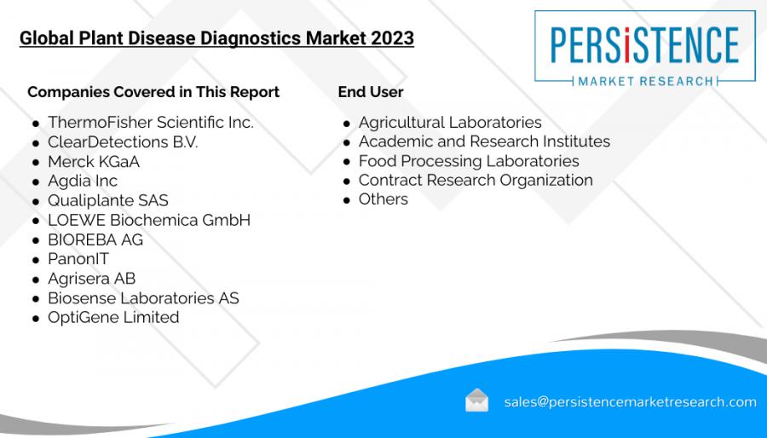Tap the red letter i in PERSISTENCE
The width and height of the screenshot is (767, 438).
click(x=627, y=45)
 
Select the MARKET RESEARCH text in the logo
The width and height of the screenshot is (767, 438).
click(x=646, y=81)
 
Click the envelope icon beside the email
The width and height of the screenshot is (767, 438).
click(x=476, y=401)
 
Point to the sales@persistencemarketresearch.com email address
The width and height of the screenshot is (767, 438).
click(x=631, y=402)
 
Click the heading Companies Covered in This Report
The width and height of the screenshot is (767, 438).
click(x=153, y=92)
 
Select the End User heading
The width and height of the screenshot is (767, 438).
click(x=371, y=91)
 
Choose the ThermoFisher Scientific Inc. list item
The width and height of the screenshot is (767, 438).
click(x=151, y=122)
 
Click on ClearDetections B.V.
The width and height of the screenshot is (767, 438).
click(x=123, y=141)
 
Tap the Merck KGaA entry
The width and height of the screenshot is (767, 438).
click(x=94, y=161)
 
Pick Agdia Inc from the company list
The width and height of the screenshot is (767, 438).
click(x=83, y=181)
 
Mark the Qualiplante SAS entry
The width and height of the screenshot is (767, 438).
click(x=108, y=200)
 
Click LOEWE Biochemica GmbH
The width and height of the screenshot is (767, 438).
click(x=149, y=220)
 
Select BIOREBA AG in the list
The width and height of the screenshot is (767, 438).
click(x=95, y=239)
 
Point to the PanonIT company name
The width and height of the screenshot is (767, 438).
click(x=78, y=258)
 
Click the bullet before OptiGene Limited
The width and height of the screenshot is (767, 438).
click(x=36, y=319)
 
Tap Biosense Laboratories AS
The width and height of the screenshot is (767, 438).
click(x=143, y=297)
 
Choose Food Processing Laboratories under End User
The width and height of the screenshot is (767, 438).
click(x=469, y=161)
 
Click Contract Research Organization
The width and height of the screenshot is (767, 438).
click(x=476, y=180)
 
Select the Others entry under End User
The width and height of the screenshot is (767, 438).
click(x=383, y=199)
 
